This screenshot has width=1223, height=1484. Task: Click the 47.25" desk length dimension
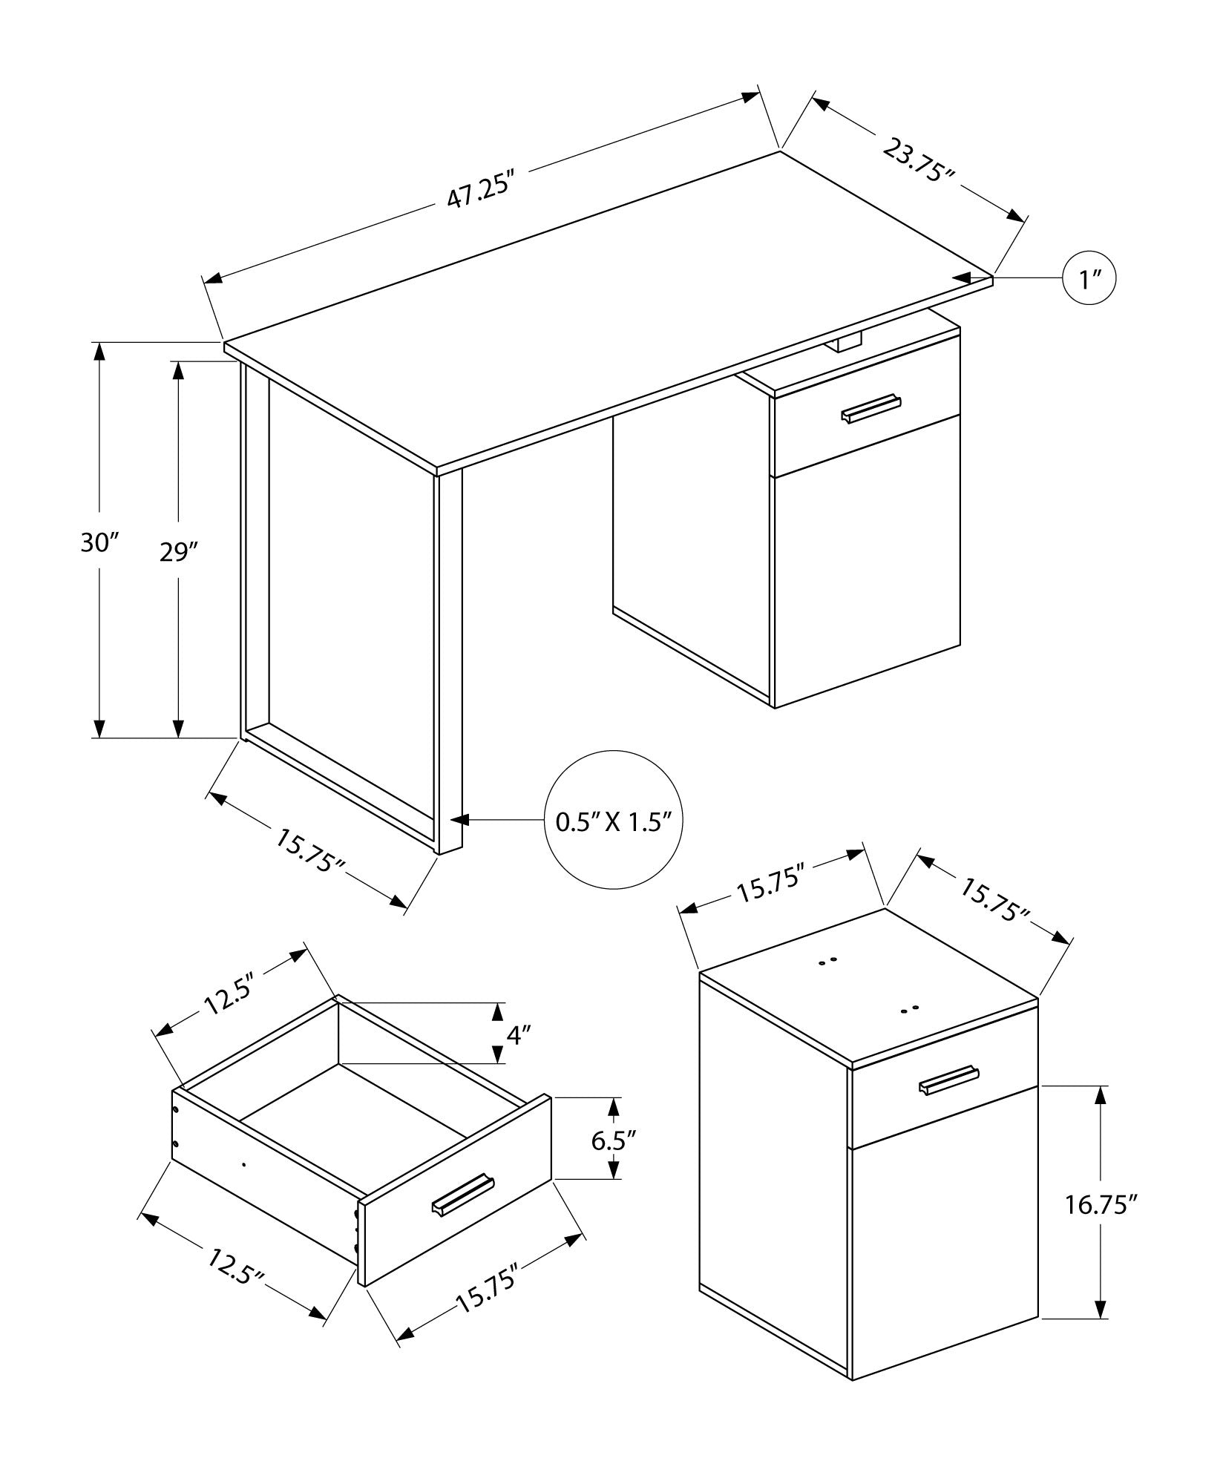pyautogui.click(x=480, y=192)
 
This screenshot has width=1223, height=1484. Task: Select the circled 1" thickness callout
pyautogui.click(x=1089, y=279)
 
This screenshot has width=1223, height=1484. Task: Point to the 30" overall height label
pyautogui.click(x=99, y=544)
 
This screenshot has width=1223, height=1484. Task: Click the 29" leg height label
pyautogui.click(x=179, y=553)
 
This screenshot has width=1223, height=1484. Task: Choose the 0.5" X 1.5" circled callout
pyautogui.click(x=613, y=821)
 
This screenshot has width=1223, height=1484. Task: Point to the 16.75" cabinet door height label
pyautogui.click(x=1101, y=1225)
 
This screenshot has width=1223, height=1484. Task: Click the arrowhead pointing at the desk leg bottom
pyautogui.click(x=460, y=820)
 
